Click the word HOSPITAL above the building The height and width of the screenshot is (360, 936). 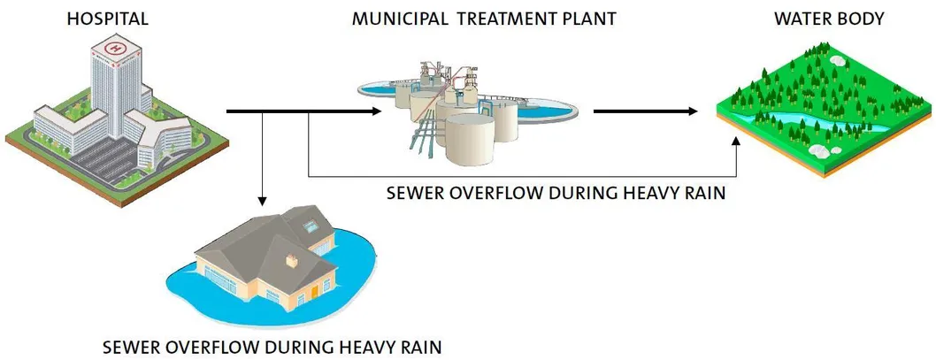click(107, 19)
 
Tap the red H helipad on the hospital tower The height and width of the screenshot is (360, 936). click(114, 46)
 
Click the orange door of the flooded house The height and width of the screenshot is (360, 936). click(312, 291)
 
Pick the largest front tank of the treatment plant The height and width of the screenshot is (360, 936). click(472, 142)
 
